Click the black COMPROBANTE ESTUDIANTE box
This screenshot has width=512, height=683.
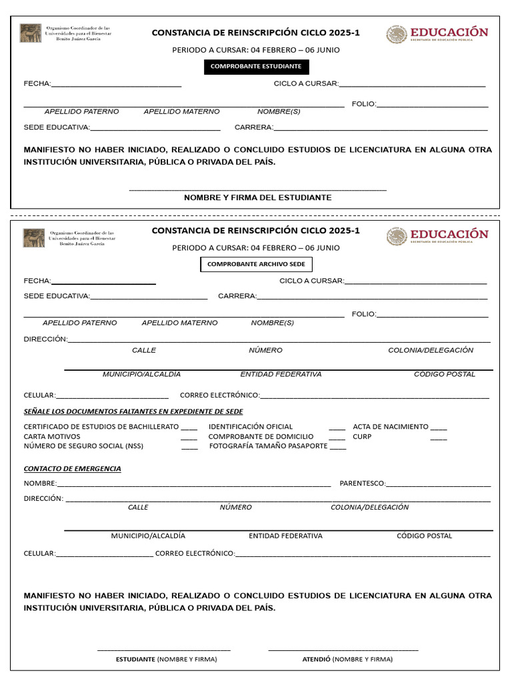pyautogui.click(x=256, y=67)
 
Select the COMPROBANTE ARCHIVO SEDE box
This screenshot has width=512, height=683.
pyautogui.click(x=256, y=265)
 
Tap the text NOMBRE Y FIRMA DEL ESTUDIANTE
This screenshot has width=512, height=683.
pyautogui.click(x=257, y=198)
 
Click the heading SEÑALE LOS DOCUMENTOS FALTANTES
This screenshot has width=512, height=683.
pyautogui.click(x=133, y=412)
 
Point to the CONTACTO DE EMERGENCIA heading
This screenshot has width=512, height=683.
pyautogui.click(x=73, y=469)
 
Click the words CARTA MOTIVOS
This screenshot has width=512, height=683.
pyautogui.click(x=52, y=437)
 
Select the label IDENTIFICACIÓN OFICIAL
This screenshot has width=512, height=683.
pyautogui.click(x=251, y=427)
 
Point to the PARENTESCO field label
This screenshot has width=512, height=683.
pyautogui.click(x=363, y=483)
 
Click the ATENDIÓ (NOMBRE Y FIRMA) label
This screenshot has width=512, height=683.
pyautogui.click(x=347, y=659)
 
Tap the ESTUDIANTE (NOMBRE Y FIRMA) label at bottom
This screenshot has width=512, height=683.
pyautogui.click(x=167, y=659)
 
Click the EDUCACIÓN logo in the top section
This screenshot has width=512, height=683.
pyautogui.click(x=437, y=34)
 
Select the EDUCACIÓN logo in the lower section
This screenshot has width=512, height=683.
pyautogui.click(x=437, y=236)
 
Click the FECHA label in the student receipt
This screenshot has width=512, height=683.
pyautogui.click(x=37, y=84)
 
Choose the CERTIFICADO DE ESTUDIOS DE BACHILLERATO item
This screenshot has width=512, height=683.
pyautogui.click(x=101, y=427)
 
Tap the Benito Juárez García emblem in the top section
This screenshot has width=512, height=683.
pyautogui.click(x=31, y=33)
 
